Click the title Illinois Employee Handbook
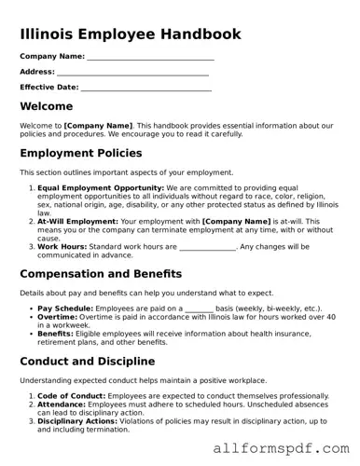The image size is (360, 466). click(x=130, y=34)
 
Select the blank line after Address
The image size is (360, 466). click(x=132, y=73)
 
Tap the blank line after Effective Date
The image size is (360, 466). click(x=145, y=89)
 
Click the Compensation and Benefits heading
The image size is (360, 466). click(x=114, y=274)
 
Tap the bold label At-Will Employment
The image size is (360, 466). click(x=78, y=221)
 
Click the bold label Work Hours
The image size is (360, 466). click(x=64, y=247)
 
